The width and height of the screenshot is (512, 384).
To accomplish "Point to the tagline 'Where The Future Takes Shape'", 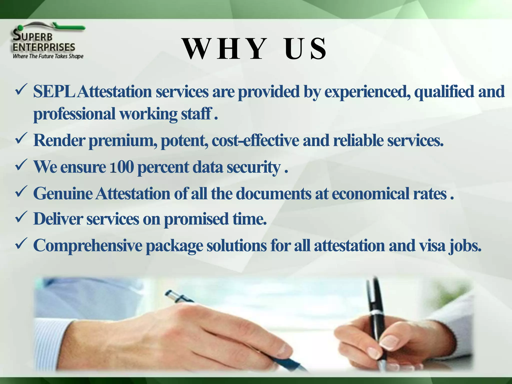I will point(48,56).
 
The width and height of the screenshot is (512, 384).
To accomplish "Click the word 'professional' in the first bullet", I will point(74,114).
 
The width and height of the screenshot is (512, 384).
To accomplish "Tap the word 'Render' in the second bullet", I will point(59,140).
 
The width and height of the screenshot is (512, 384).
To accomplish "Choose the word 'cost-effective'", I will point(255,140).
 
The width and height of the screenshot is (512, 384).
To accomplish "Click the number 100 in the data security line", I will point(122,167).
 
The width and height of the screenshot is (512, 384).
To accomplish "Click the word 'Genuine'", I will point(63,194).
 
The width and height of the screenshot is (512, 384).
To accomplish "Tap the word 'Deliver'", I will point(58,219).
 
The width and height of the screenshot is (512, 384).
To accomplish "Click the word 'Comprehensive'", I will point(87,245).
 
